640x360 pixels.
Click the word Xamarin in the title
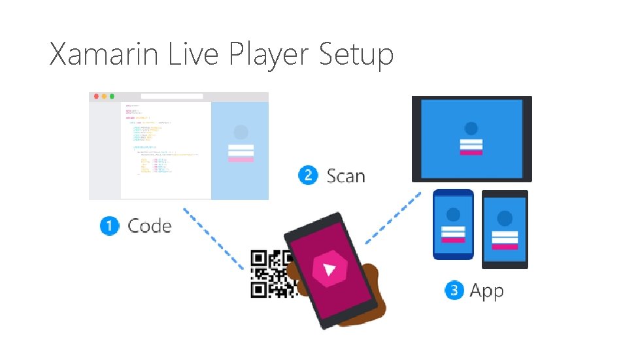pyautogui.click(x=105, y=54)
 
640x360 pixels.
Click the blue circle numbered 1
pyautogui.click(x=110, y=226)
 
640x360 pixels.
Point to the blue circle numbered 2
pyautogui.click(x=308, y=176)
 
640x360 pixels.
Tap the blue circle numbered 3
pyautogui.click(x=454, y=290)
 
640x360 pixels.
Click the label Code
pyautogui.click(x=150, y=226)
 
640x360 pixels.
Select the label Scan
pyautogui.click(x=346, y=176)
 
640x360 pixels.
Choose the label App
pyautogui.click(x=487, y=291)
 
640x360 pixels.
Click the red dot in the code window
pyautogui.click(x=97, y=97)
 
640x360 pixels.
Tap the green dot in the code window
pyautogui.click(x=112, y=97)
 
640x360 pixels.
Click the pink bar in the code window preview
pyautogui.click(x=241, y=159)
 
